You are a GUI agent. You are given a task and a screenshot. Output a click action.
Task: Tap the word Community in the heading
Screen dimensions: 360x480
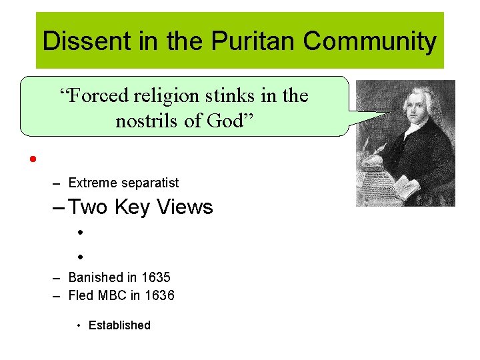tap(369, 41)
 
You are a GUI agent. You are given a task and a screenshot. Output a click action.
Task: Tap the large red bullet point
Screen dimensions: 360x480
tap(31, 160)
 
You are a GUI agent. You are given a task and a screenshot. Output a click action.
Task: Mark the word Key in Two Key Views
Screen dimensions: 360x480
tap(134, 207)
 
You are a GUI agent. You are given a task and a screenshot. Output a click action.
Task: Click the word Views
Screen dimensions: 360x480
tap(185, 207)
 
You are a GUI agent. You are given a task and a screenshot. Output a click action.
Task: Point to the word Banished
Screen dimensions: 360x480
tap(96, 277)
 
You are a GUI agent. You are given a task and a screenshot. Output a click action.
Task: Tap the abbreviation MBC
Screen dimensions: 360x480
tap(117, 295)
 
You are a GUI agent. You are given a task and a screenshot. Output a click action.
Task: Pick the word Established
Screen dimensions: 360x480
tap(120, 325)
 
